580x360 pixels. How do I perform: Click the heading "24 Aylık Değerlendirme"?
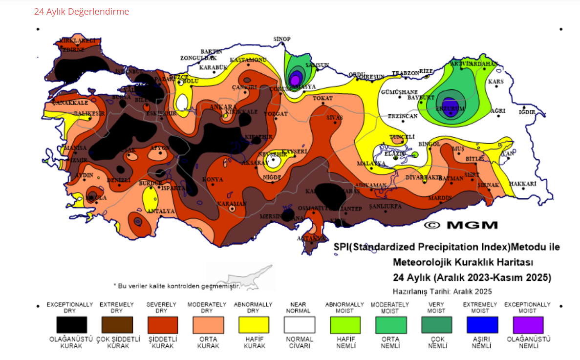82,12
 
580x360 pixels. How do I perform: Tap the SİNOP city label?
282,39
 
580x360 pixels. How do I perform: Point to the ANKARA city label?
223,106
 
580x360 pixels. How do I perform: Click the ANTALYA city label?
161,211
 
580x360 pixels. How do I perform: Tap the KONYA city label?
213,179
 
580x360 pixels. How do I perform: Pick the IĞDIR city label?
527,112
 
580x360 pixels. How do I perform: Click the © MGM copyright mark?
461,225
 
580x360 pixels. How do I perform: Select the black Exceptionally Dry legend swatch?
71,325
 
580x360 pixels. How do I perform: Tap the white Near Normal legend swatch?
300,325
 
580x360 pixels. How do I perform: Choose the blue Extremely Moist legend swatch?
482,325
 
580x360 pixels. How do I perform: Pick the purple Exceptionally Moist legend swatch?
528,325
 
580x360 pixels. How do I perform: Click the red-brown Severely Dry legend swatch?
162,325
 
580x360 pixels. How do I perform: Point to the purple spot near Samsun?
295,79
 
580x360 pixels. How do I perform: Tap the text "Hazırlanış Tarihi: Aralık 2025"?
442,291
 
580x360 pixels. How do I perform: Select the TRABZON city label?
405,73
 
